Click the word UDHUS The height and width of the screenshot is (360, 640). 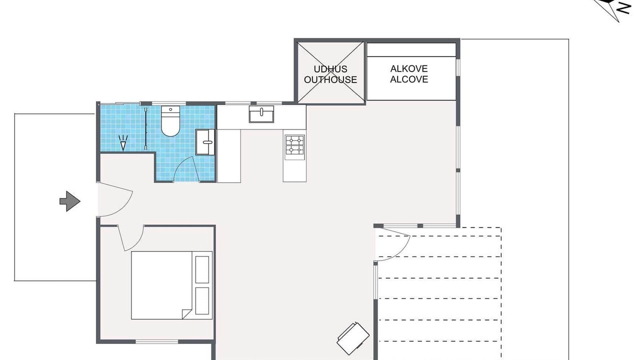[330, 69]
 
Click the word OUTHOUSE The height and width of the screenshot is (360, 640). [330, 79]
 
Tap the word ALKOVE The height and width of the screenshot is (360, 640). [409, 68]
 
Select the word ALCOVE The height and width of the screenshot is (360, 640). [409, 79]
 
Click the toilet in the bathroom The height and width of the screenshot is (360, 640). [170, 121]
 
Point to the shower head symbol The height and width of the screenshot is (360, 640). [123, 143]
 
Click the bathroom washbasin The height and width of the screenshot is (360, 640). [205, 142]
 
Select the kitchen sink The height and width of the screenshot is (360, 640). [261, 114]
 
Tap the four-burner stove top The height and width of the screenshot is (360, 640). [295, 145]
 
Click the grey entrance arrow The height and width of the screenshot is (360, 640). [70, 201]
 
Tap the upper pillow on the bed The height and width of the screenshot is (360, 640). [202, 269]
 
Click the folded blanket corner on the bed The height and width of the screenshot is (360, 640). [187, 314]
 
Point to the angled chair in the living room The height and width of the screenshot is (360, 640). [353, 338]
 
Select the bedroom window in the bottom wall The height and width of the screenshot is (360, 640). [156, 341]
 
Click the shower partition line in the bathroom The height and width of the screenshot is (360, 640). [146, 128]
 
